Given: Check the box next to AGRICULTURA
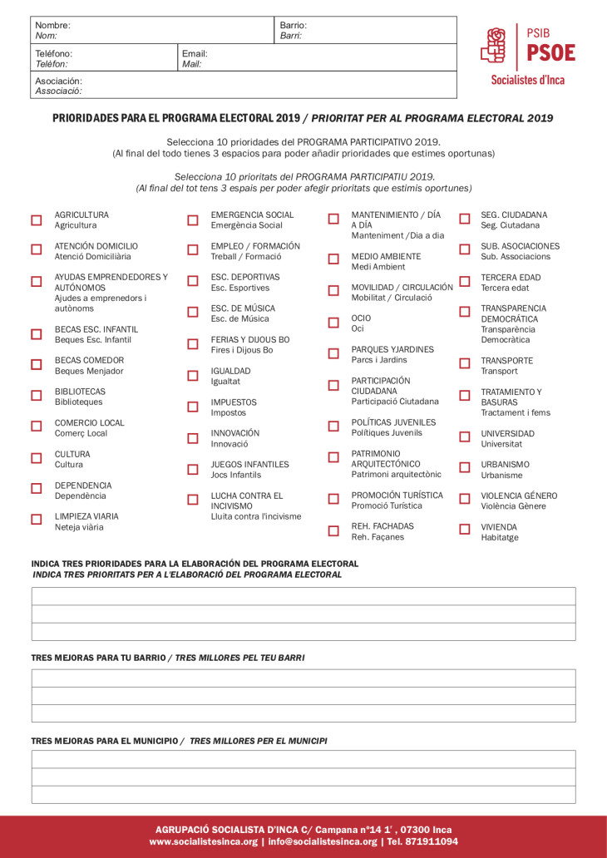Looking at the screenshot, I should tap(37, 220).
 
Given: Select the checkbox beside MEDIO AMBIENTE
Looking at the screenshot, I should tap(333, 259).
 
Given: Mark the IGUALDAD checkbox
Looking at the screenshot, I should tap(193, 376).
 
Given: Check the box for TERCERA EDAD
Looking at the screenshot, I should tap(465, 281).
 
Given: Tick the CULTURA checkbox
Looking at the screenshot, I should tap(37, 458).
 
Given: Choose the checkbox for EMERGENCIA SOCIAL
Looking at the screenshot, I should tap(193, 220).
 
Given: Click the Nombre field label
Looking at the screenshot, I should tap(52, 26).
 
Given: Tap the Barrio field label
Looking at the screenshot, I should tap(293, 26).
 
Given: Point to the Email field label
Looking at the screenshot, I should tap(194, 53).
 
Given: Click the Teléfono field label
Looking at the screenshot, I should tap(53, 53).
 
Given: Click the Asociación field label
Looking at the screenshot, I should tap(58, 81).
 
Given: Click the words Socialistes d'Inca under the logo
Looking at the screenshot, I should tap(527, 81).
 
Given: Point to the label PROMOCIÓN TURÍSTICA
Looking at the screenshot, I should tap(397, 496).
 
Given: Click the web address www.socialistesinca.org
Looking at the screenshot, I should tap(203, 841).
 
